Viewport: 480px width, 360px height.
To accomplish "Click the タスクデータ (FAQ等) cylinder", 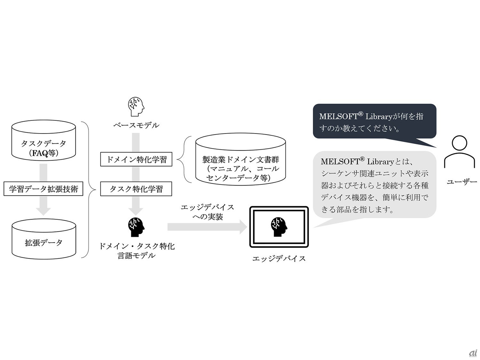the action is coord(43,140).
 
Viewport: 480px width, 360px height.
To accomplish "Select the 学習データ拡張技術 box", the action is coord(43,189).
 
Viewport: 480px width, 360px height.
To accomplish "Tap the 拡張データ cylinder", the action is coord(44,239).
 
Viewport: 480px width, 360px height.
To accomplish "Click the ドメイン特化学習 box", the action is coord(136,159).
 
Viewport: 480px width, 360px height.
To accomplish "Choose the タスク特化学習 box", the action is coord(136,189).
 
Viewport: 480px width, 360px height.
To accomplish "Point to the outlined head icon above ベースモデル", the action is coord(136,106).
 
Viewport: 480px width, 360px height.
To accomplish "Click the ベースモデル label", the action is coord(136,125).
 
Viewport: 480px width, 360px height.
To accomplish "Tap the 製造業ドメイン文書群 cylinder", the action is coord(240,159).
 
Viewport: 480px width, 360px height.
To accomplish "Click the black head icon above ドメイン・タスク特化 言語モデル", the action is coord(136,227).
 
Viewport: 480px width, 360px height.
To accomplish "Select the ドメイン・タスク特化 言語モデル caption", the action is coord(136,251).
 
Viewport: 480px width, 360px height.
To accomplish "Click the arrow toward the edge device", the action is coord(207,227).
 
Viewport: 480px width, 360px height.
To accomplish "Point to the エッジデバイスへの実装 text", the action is coord(207,212).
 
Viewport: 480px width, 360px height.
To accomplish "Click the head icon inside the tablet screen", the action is coord(279,227).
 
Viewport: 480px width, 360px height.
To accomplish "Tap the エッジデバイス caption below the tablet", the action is coord(279,259).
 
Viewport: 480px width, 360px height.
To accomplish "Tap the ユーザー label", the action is coord(462,181).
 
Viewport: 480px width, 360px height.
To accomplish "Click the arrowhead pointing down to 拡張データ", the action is coord(43,211).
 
